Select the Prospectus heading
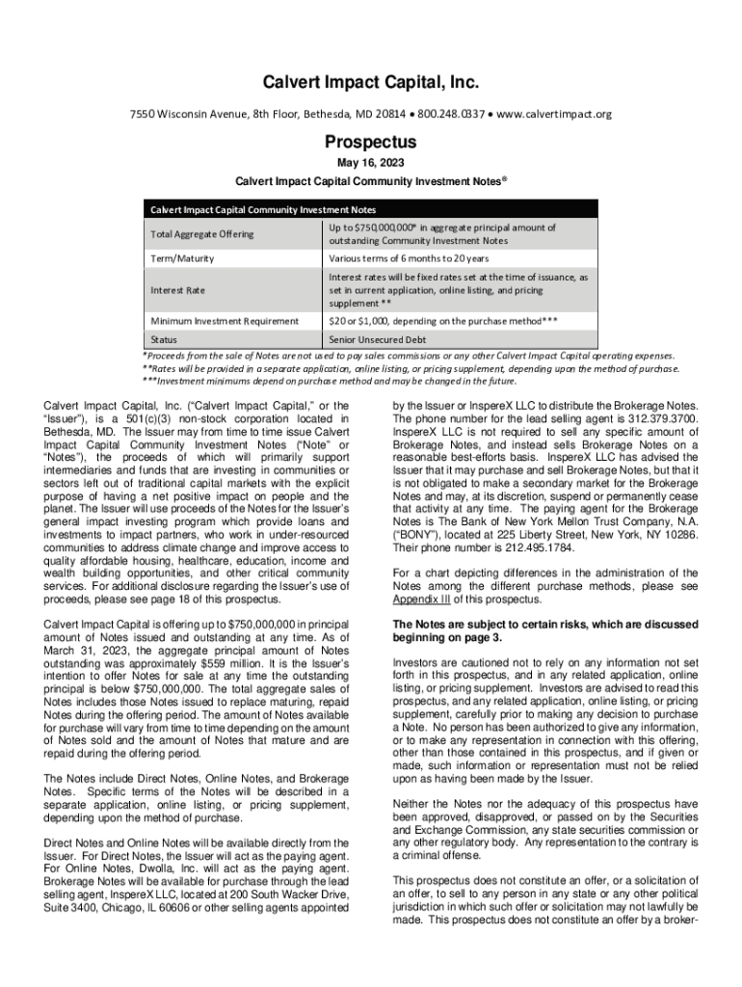point(370,143)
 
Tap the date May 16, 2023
point(370,163)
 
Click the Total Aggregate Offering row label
point(201,234)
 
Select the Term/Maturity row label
point(182,259)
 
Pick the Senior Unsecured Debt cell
point(378,340)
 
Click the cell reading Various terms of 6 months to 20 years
point(409,259)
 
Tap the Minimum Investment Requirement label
point(224,320)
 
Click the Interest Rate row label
point(178,290)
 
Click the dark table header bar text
point(261,209)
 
